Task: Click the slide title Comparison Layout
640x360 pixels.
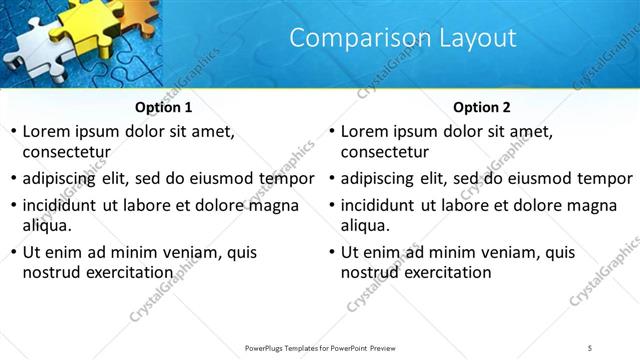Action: click(x=403, y=39)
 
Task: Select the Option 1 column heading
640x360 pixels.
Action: click(x=164, y=107)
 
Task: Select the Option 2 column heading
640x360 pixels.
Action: click(x=482, y=107)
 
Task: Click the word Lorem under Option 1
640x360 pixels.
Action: click(x=47, y=131)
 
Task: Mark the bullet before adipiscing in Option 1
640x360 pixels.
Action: click(x=13, y=179)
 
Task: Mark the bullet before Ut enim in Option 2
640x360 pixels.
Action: click(x=332, y=252)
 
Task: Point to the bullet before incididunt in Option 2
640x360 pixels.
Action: click(x=332, y=206)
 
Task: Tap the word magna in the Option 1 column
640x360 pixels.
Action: click(x=272, y=206)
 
